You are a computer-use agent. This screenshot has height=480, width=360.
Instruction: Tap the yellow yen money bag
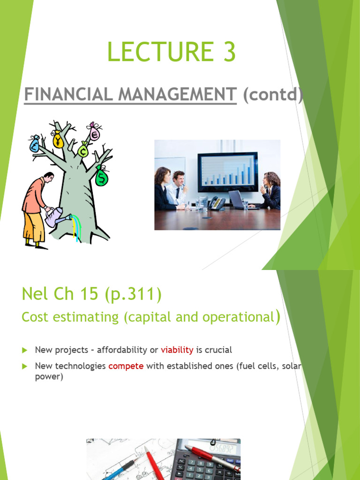(58, 139)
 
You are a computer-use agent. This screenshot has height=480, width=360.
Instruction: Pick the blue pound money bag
(35, 144)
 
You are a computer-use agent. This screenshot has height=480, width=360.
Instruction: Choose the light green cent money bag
(83, 150)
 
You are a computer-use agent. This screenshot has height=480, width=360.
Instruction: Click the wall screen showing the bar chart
(227, 172)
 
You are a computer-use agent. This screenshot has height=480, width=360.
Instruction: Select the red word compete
(126, 366)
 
